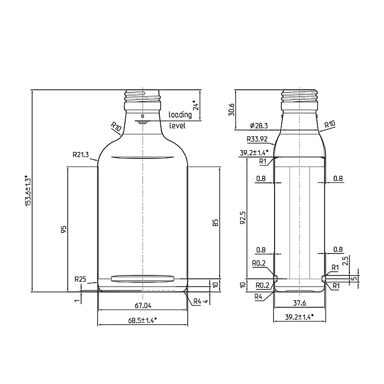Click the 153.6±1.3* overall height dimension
click(28, 190)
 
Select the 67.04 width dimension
click(143, 305)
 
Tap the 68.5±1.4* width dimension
click(143, 320)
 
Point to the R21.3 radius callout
click(81, 155)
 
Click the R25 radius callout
click(80, 279)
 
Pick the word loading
click(180, 115)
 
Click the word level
click(178, 126)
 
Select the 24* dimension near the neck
click(196, 105)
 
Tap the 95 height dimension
click(63, 229)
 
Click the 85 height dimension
click(215, 223)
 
